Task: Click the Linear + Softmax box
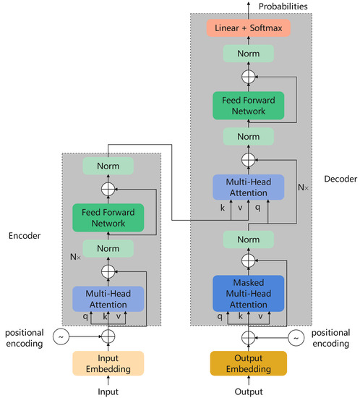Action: (248, 27)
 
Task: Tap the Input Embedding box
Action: (108, 363)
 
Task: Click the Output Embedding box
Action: (248, 363)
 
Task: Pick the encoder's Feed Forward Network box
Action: (108, 218)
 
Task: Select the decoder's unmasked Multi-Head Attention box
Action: (248, 187)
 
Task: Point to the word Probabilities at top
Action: (280, 7)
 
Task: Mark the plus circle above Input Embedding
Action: (108, 336)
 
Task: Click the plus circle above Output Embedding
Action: (248, 336)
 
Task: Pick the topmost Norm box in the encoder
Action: (108, 166)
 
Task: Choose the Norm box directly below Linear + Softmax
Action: (248, 53)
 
